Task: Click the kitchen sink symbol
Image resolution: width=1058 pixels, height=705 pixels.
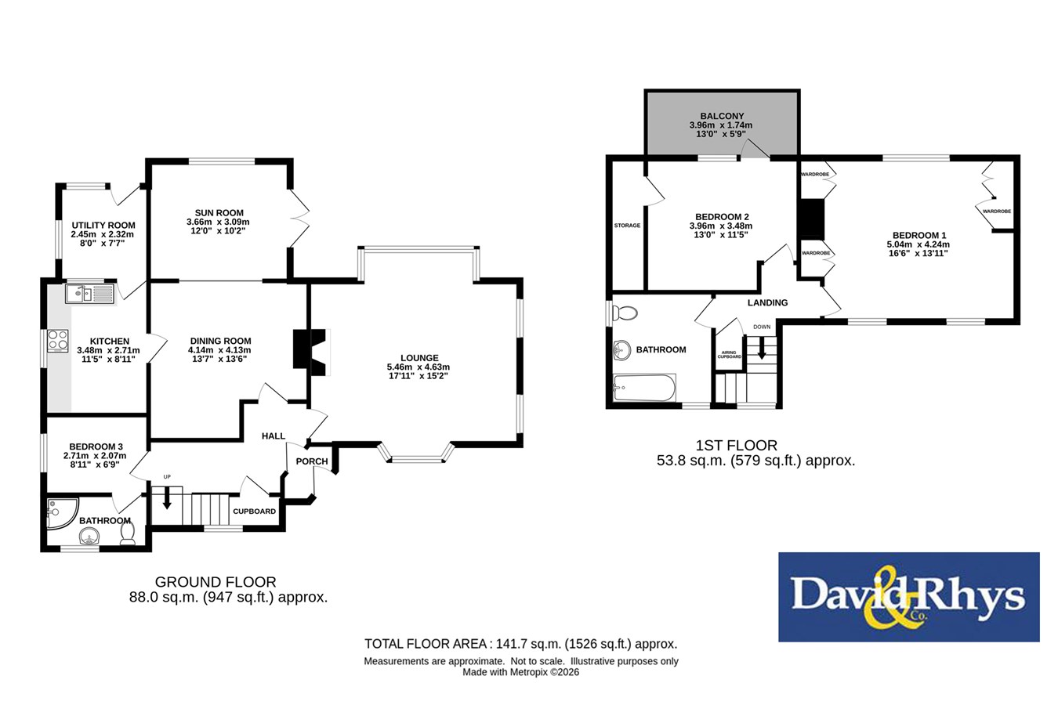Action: point(90,293)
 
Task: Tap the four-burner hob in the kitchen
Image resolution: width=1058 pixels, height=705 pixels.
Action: point(58,341)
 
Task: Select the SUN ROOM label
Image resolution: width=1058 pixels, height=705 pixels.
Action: point(219,213)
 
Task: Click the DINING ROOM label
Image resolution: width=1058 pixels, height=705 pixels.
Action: point(220,341)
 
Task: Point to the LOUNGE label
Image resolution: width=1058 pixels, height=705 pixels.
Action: point(419,358)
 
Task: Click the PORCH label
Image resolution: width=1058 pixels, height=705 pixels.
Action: point(312,461)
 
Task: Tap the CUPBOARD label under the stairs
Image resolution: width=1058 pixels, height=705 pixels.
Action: point(254,512)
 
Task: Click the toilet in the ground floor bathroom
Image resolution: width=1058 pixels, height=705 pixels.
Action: point(128,533)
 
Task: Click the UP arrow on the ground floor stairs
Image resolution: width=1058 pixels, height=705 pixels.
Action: point(167,497)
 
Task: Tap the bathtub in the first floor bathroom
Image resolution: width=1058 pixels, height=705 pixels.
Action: point(644,387)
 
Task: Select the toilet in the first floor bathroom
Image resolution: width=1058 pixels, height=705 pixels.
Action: point(625,313)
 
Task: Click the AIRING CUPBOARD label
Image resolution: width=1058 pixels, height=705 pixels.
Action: point(730,355)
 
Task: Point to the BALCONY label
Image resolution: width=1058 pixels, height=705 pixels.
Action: point(722,116)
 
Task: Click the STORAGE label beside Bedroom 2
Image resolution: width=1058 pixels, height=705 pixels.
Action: point(627,226)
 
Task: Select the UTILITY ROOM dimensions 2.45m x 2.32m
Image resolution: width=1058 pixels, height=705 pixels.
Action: point(103,234)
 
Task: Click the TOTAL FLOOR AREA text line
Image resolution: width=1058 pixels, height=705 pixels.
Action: point(521,644)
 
